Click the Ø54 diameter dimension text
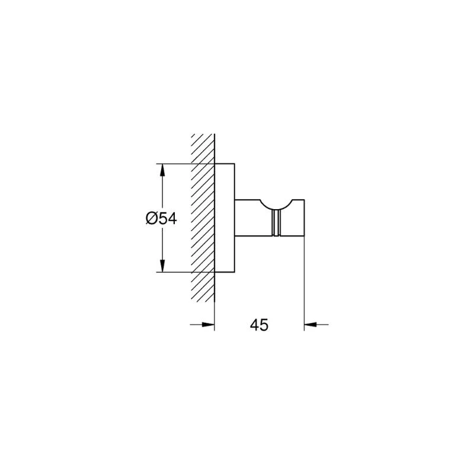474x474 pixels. (x=161, y=218)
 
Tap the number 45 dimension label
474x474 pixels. (x=259, y=325)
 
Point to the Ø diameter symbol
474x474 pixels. (x=152, y=218)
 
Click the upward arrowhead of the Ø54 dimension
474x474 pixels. (x=162, y=170)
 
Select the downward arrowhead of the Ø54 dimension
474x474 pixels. (x=162, y=266)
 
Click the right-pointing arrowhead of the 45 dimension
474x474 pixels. (x=209, y=325)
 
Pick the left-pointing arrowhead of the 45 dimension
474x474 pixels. (x=310, y=325)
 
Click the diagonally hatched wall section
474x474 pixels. (x=203, y=217)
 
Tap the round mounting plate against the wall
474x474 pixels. (x=225, y=218)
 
